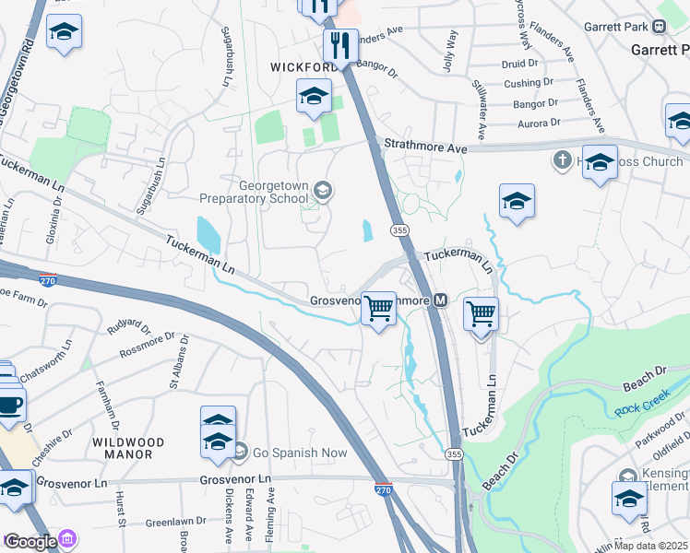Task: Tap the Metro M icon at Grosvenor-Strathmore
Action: coord(441,300)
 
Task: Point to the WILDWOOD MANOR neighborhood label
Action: coord(128,449)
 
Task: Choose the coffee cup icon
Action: coord(11,405)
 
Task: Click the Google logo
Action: coord(30,542)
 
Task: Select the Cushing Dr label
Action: coord(529,83)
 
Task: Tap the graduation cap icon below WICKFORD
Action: coord(314,95)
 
